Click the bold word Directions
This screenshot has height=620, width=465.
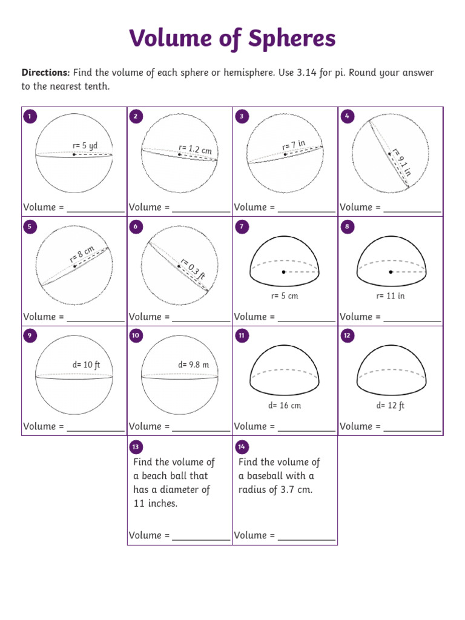(45, 73)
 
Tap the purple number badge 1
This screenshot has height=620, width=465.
(29, 116)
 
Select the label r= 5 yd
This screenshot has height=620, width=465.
(85, 146)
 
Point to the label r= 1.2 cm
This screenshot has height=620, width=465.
(194, 148)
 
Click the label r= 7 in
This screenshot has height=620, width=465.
(293, 146)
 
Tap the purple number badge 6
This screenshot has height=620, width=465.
(135, 226)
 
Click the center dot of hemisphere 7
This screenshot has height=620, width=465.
(283, 272)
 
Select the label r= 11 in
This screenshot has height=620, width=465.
(390, 296)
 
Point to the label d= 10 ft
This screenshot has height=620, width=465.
(86, 364)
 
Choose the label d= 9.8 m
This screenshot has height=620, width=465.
(193, 364)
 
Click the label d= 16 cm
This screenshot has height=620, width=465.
(285, 406)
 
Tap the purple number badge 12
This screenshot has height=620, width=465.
(347, 335)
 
